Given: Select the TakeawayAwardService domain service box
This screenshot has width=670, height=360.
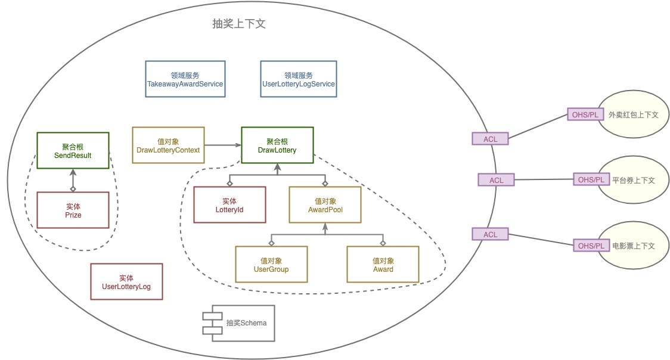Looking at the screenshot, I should coord(185,80).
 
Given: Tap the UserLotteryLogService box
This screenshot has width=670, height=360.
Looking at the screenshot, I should coord(299,80).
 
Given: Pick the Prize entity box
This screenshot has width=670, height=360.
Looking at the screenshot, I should coord(73,210).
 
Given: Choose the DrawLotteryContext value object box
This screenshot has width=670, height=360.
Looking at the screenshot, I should coord(168,145).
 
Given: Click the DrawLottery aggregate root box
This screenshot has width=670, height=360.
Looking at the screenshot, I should coord(277,145).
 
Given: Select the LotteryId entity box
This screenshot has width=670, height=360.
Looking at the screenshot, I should coord(229,205).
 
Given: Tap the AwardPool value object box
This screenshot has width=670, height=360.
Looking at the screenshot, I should coord(325,205).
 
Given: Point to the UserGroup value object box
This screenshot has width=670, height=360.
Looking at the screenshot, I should coord(271,264).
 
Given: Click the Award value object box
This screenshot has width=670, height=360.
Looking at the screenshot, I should coord(383,264).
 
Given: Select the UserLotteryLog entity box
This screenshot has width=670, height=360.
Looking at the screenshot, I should coord(126,281).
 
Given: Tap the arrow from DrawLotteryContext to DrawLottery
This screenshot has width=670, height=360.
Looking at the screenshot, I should coord(223,145).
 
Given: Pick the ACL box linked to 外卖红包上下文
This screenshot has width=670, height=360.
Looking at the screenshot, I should coord(491,139).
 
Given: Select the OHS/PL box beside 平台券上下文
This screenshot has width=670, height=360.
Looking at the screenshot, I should coord(590,179).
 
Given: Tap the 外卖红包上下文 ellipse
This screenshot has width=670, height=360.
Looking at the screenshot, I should coord(635,114).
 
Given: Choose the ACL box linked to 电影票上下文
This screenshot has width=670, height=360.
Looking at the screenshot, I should coord(491,234).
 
